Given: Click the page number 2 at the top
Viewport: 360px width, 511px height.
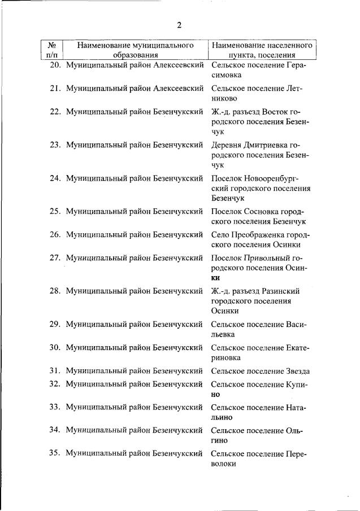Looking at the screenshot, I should coord(179,24).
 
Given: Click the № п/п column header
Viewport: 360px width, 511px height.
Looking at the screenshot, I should coord(51,50).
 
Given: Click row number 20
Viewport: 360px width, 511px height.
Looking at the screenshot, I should coord(55,65).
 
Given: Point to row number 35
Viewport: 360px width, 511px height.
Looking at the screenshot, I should coord(55,453).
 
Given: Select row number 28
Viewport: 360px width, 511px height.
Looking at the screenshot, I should coord(55,291).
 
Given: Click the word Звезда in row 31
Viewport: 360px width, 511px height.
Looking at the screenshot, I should coord(298,371).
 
